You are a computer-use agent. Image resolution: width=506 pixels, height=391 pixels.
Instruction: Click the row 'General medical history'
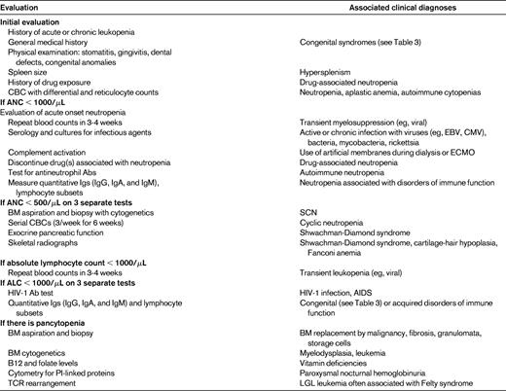tap(51, 42)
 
